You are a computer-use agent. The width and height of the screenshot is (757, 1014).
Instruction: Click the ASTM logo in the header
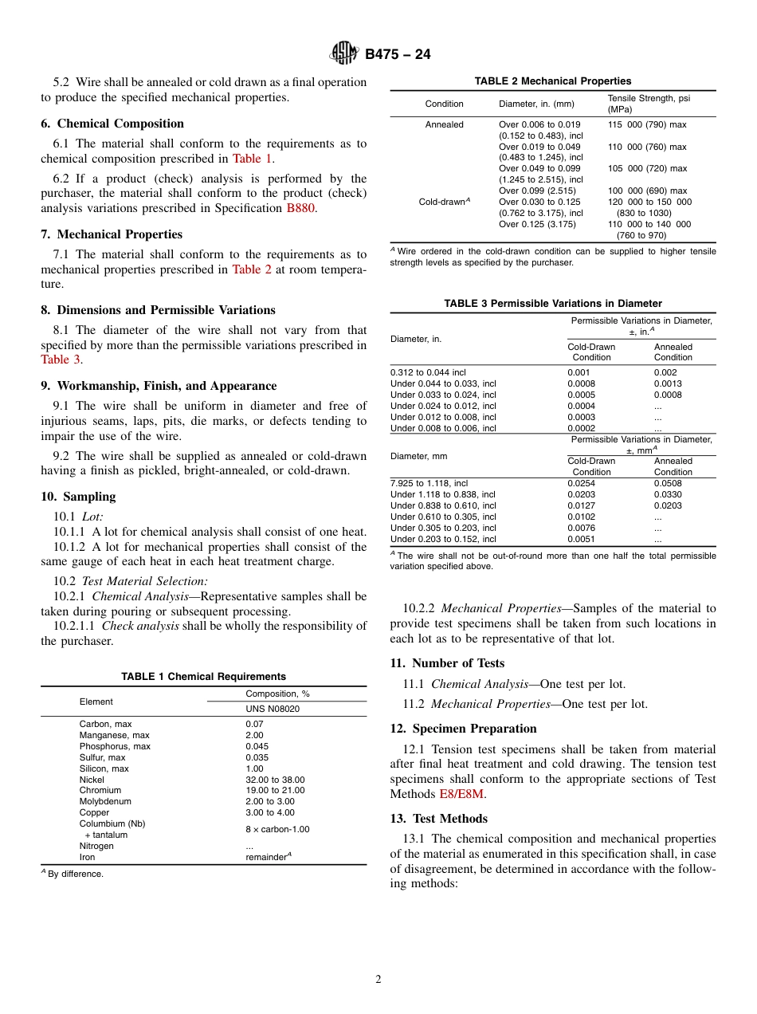(x=345, y=54)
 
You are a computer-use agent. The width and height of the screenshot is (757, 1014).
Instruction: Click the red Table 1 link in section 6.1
(x=252, y=159)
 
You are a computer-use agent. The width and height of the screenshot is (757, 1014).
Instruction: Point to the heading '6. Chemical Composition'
(x=112, y=124)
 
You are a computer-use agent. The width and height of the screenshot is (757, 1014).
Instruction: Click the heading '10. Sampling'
(x=78, y=497)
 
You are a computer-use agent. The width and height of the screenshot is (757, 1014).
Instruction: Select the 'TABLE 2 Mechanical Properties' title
(x=552, y=81)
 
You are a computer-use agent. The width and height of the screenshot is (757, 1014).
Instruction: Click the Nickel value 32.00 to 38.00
(x=275, y=780)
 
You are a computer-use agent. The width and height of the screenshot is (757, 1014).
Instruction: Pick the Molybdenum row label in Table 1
(x=105, y=801)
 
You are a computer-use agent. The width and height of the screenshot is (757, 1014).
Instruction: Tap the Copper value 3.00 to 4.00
(x=269, y=812)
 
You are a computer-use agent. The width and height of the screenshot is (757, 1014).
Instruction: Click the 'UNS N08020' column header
(x=272, y=709)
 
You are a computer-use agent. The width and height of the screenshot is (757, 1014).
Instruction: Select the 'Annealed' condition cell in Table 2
(x=444, y=125)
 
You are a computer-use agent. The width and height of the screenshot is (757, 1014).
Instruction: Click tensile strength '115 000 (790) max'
(x=646, y=125)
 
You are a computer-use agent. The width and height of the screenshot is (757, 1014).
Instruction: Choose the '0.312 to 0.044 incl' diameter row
(x=428, y=372)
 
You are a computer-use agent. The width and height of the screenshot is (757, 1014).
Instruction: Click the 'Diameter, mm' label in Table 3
(x=418, y=456)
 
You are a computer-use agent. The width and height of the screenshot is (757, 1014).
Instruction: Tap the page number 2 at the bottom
(x=378, y=980)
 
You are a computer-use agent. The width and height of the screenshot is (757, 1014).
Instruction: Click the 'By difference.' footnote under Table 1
(x=75, y=874)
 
